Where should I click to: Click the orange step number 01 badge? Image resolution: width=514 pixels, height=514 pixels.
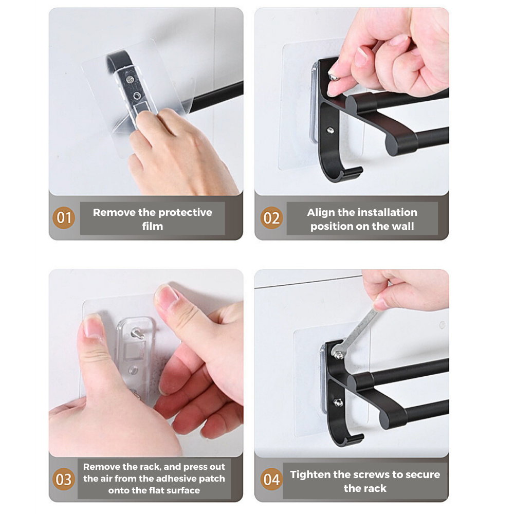coord(64,217)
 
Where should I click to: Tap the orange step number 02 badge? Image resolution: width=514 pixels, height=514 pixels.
coord(271,217)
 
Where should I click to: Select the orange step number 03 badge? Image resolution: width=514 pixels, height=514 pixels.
coord(64,479)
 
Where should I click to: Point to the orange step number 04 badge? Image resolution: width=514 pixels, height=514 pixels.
coord(271,479)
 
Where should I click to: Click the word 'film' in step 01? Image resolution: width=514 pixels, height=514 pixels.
coord(153,226)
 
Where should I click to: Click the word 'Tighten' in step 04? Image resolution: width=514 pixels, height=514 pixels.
coord(310,474)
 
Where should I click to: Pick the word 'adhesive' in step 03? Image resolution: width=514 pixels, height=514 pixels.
coord(177,479)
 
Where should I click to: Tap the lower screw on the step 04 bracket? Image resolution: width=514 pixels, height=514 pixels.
coord(338,402)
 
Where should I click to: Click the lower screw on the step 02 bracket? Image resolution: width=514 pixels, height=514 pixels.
coord(331,130)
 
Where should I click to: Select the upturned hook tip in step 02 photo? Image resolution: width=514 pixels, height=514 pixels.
coord(358,170)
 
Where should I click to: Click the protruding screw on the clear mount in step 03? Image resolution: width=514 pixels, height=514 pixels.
coord(137,334)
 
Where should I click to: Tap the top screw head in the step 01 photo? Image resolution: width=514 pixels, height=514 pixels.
coord(131,79)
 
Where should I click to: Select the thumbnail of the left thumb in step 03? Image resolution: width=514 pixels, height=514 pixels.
coord(93,326)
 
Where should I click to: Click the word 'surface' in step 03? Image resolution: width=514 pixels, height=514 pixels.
coord(182,490)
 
